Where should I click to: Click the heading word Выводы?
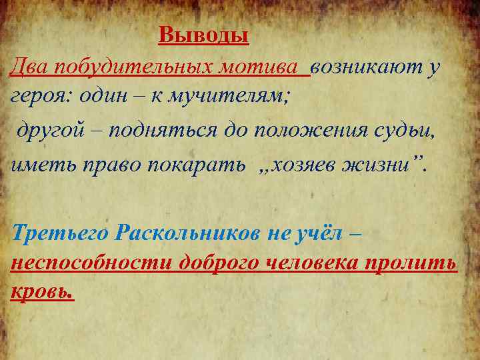[203, 35]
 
